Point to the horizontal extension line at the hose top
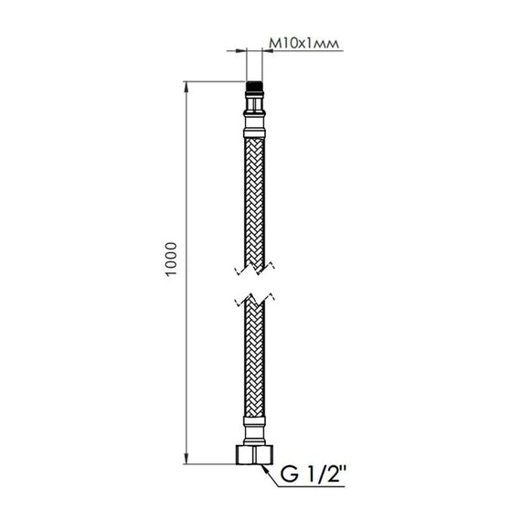pyautogui.click(x=215, y=85)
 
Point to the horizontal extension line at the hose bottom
pyautogui.click(x=210, y=463)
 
